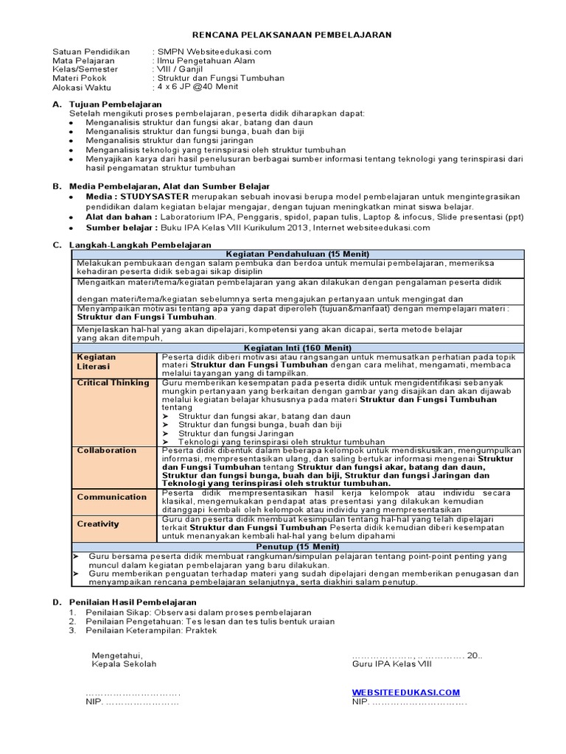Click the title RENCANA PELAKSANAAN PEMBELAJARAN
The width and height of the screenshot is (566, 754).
[292, 34]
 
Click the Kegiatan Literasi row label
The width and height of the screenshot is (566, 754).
[97, 361]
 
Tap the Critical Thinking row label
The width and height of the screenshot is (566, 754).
[113, 382]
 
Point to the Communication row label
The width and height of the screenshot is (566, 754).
[112, 497]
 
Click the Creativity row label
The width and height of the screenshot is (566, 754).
[98, 524]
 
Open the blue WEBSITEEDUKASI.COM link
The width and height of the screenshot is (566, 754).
[405, 692]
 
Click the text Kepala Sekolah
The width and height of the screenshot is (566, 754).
[124, 663]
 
